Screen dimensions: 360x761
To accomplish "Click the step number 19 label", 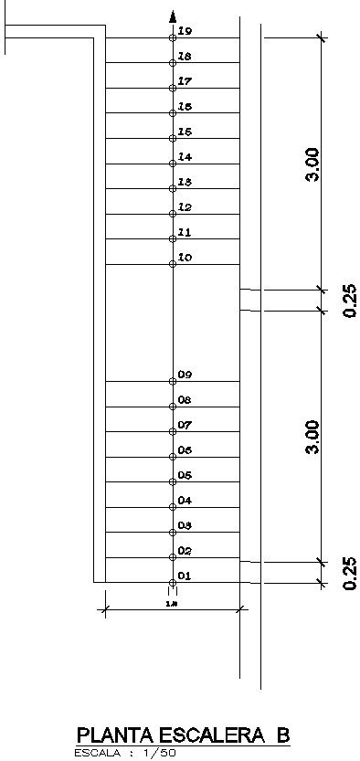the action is (185, 32).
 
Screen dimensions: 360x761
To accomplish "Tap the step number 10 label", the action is (185, 258).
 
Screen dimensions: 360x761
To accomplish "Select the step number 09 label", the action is (185, 375).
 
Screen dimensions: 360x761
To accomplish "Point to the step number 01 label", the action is (185, 576).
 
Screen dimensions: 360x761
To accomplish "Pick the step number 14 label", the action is (185, 157).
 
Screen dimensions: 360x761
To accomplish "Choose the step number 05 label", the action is (185, 476).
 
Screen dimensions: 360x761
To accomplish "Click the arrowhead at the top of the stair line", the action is (173, 16).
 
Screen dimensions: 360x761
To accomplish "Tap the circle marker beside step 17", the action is (173, 89).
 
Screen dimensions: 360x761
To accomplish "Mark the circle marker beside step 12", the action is (173, 214).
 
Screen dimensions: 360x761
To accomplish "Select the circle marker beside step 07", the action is (173, 431).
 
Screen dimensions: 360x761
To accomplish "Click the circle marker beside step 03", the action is (173, 532).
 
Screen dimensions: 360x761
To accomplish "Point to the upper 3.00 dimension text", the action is (312, 164).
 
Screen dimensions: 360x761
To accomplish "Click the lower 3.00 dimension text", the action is (312, 437).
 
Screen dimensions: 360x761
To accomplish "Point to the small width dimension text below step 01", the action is (171, 604).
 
